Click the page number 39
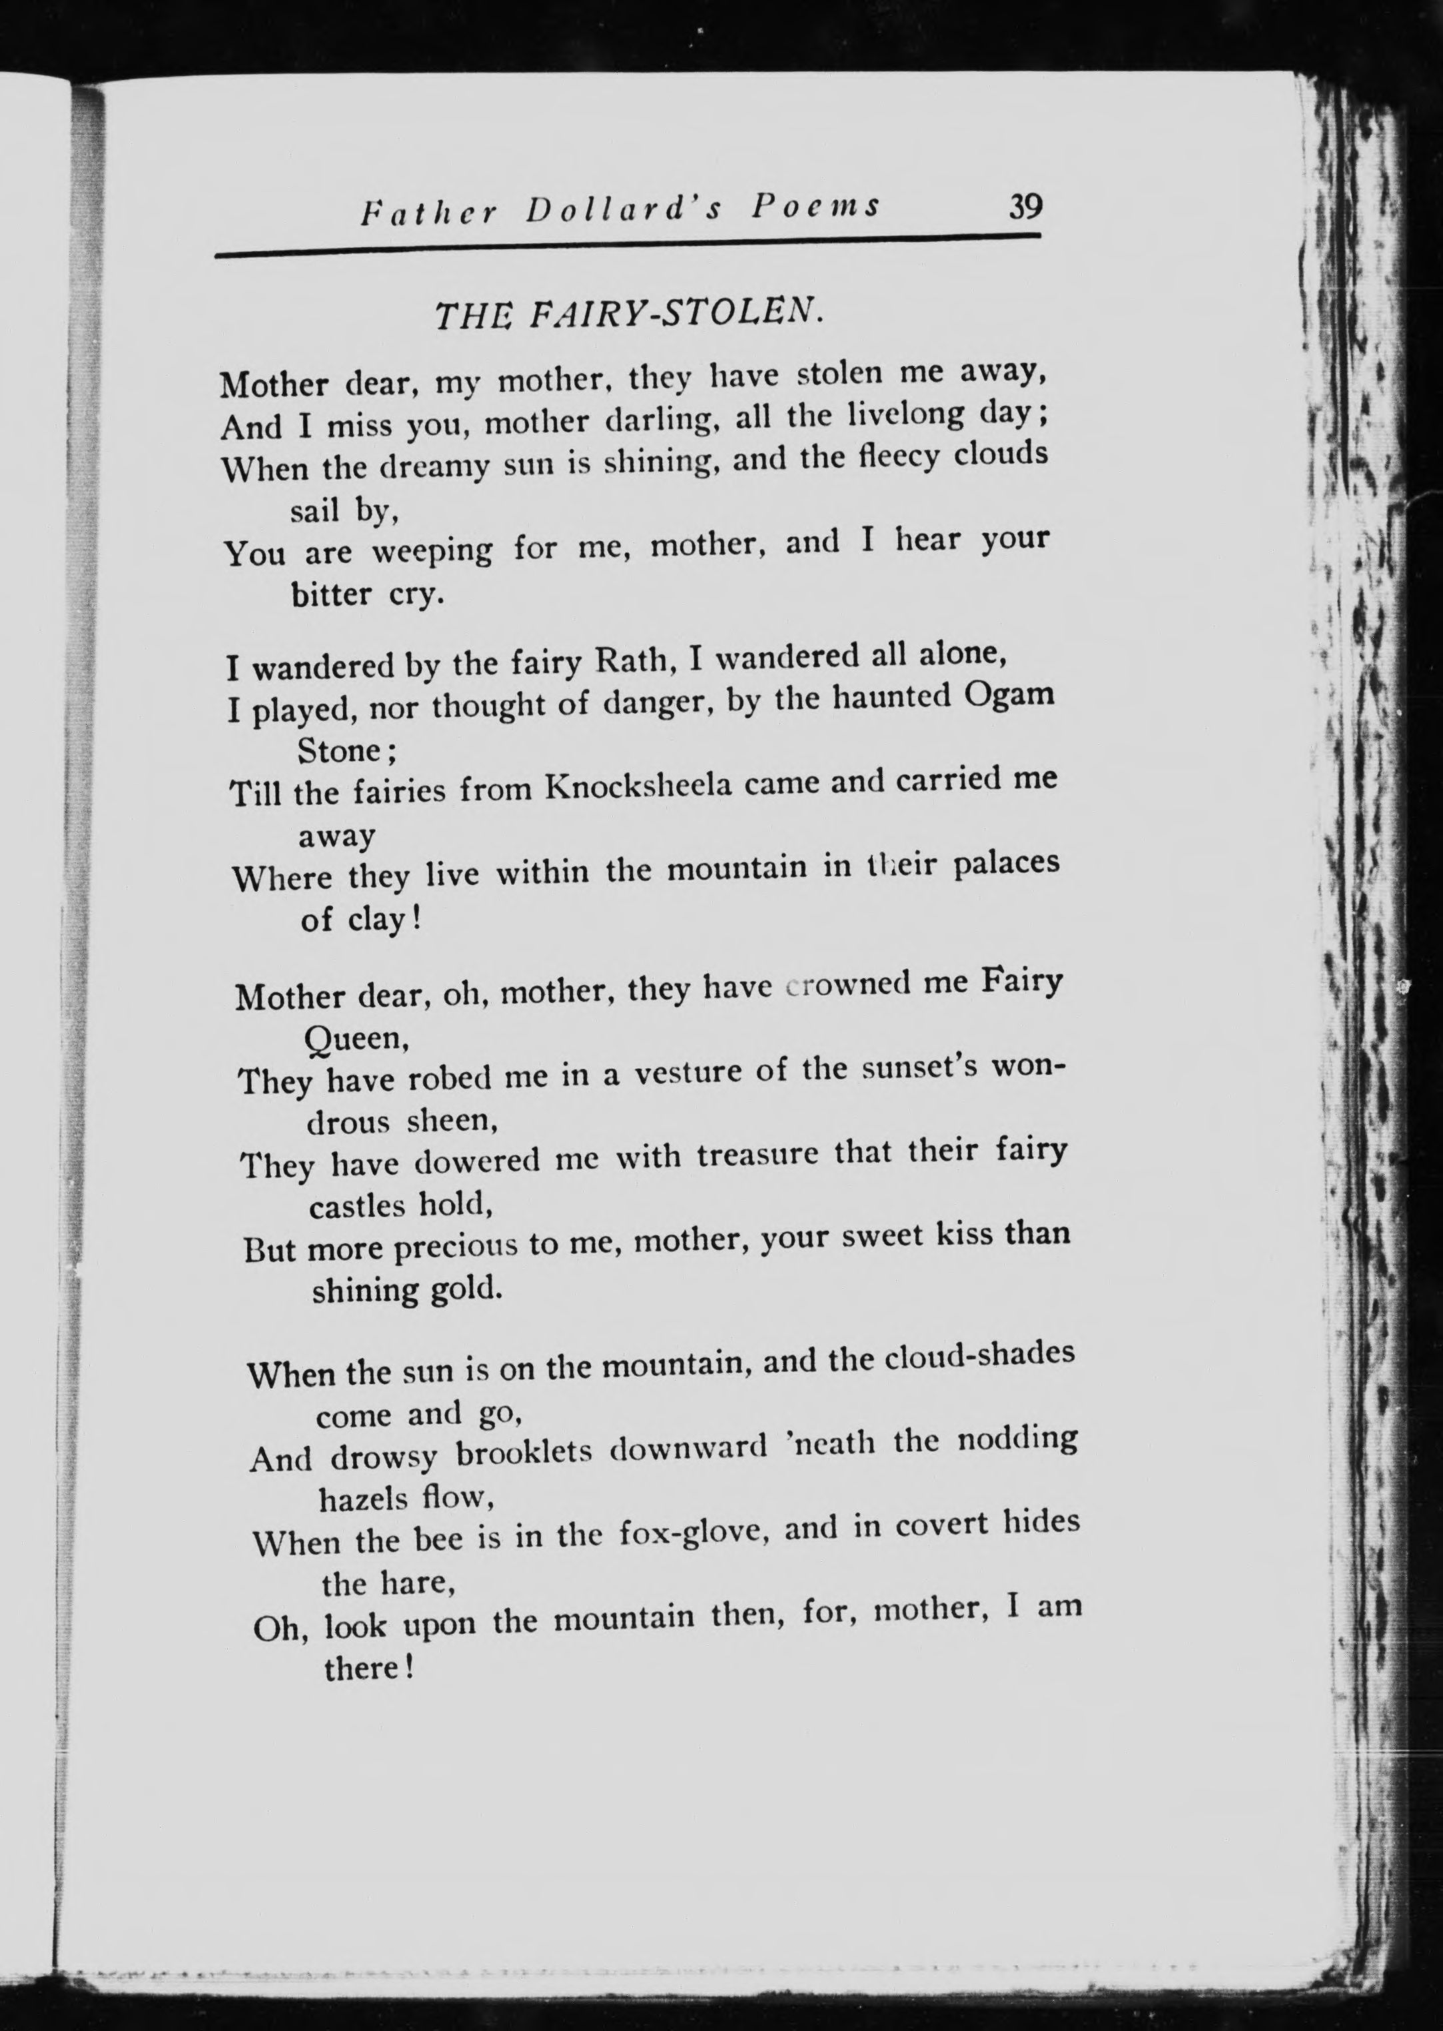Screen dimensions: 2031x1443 (1025, 207)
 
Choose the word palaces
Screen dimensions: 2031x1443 (1006, 864)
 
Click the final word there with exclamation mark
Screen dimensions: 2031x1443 (368, 1668)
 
